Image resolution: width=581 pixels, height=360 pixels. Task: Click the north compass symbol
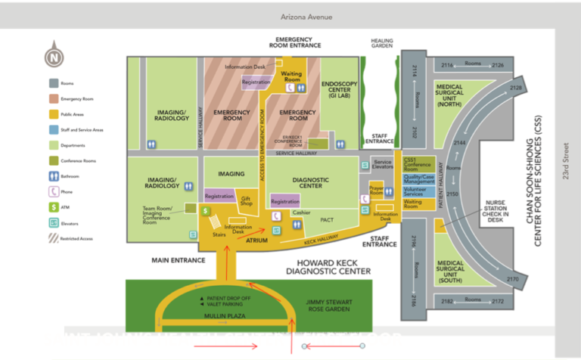click(53, 57)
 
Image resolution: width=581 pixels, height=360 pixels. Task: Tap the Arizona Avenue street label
click(306, 17)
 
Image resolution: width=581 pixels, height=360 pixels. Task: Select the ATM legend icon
click(53, 207)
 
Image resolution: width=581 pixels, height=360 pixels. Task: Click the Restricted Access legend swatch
click(53, 238)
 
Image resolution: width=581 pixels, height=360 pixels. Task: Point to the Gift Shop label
click(246, 201)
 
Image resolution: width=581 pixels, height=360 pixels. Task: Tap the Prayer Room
click(377, 186)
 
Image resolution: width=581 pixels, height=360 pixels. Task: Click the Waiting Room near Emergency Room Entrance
click(291, 76)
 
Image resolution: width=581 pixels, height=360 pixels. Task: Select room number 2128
click(516, 88)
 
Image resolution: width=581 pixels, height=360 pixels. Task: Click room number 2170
click(514, 279)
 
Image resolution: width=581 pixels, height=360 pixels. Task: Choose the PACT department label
click(327, 219)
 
